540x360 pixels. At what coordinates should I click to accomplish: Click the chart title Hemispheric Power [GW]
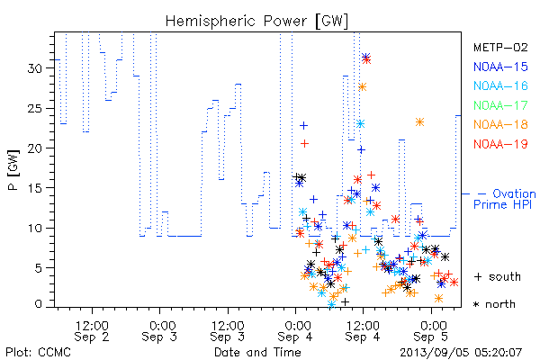256,21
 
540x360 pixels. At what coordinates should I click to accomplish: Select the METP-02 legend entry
500,47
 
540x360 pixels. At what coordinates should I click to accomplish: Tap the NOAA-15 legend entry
500,67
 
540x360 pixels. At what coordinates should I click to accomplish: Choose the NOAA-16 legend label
500,85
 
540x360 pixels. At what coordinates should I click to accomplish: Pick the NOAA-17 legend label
500,105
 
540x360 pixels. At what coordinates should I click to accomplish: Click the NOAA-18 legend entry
500,124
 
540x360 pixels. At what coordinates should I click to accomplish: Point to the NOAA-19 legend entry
500,144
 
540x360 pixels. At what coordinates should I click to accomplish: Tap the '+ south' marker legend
498,276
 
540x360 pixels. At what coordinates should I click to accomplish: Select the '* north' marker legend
494,304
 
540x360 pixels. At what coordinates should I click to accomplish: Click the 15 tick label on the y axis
35,188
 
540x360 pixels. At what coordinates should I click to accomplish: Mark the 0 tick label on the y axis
38,304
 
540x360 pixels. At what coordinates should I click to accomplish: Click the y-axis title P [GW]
13,170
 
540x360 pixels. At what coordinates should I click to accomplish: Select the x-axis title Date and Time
257,352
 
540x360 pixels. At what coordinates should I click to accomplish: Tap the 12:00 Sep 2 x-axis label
92,331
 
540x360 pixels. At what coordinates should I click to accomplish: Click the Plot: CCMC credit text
38,352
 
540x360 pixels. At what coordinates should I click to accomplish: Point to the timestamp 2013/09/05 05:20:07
461,353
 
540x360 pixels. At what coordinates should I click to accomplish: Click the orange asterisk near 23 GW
419,122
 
